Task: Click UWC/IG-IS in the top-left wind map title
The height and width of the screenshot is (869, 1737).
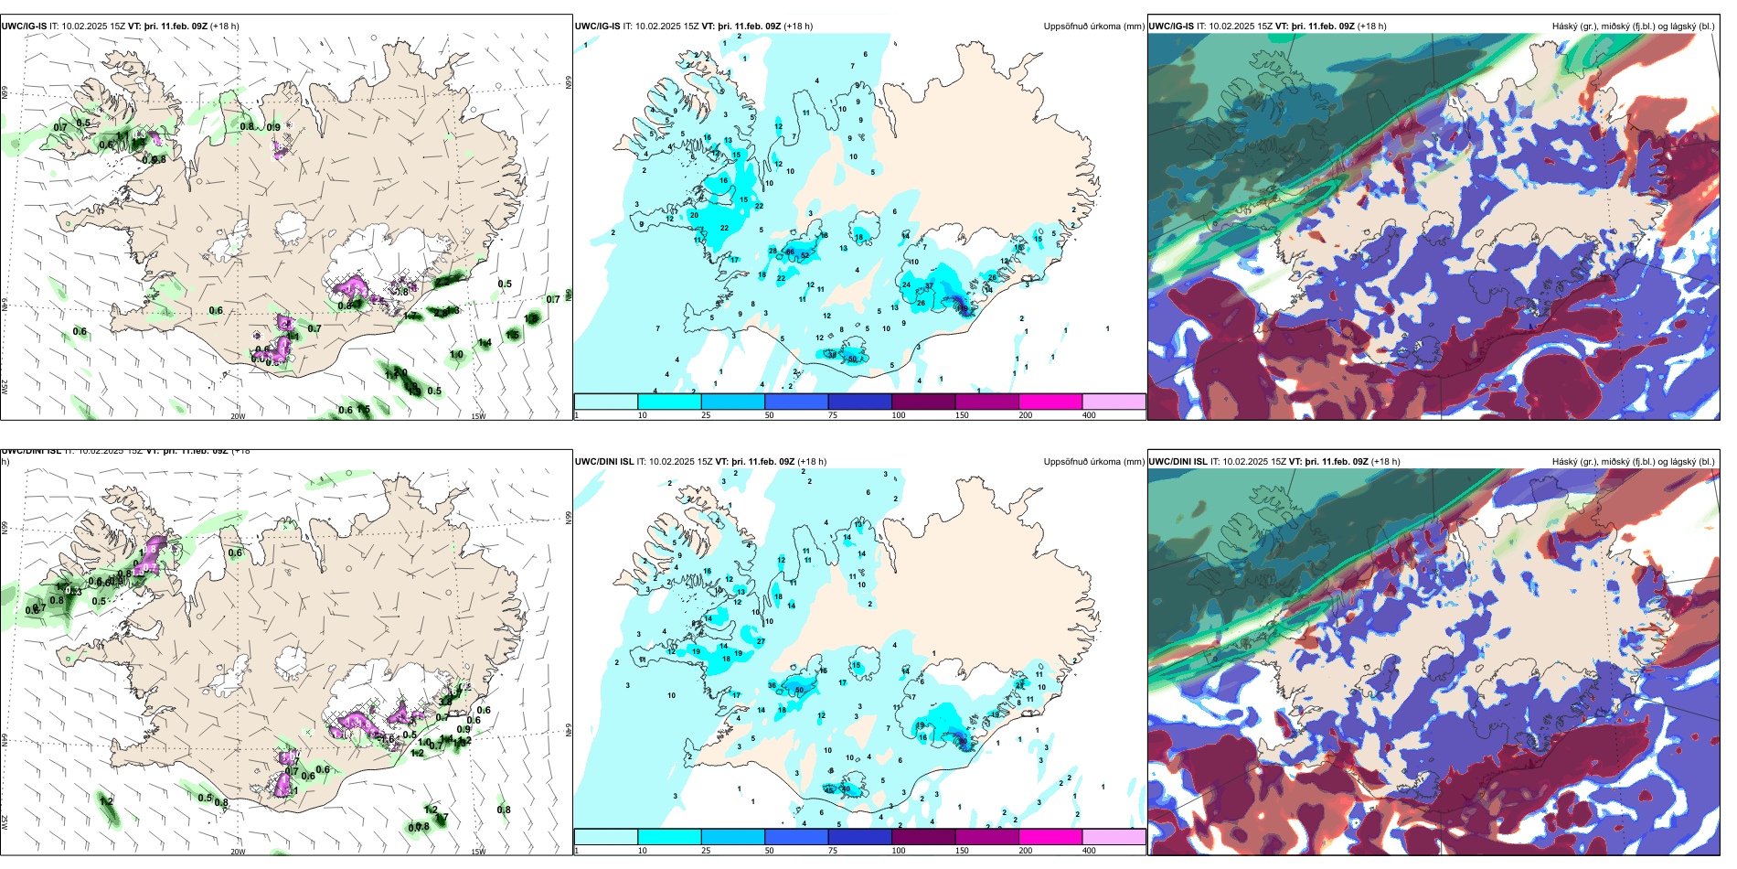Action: [24, 27]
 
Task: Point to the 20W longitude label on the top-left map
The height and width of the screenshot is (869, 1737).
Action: [238, 416]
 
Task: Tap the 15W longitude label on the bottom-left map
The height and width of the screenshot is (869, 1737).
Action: [478, 852]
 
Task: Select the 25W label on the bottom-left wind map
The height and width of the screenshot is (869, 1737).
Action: [5, 822]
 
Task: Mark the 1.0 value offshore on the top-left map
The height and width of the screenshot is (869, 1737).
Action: [456, 354]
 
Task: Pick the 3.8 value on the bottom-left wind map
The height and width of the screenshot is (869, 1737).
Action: [445, 702]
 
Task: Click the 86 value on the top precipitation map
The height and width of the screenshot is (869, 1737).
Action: [791, 252]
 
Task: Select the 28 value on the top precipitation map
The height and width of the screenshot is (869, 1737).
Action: [773, 251]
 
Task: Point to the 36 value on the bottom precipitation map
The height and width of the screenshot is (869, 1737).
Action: [773, 685]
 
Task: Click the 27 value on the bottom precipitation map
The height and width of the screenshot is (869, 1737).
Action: [761, 641]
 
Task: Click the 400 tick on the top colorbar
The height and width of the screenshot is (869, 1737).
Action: [1089, 415]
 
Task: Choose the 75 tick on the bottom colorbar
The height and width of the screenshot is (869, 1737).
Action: [832, 851]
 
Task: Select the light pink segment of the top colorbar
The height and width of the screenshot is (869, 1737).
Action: [1114, 402]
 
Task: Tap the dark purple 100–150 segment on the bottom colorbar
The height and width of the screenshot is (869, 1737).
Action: [923, 837]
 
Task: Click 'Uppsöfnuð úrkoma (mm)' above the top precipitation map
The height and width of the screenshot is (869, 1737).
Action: [1093, 27]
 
